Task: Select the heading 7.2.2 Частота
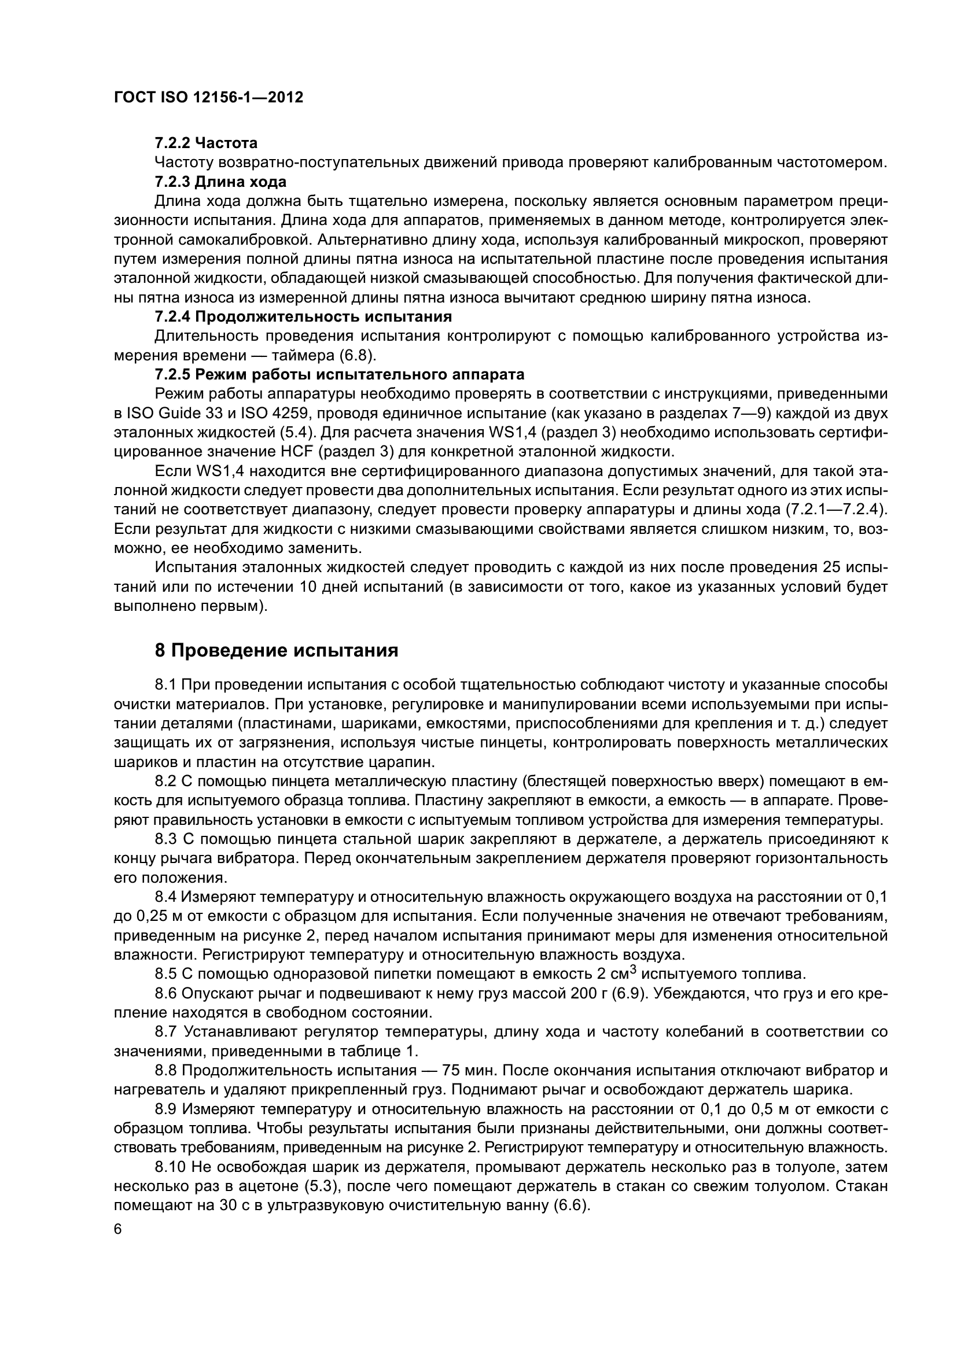pyautogui.click(x=205, y=143)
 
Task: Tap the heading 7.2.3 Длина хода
pyautogui.click(x=220, y=182)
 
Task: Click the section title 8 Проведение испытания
pyautogui.click(x=277, y=651)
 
